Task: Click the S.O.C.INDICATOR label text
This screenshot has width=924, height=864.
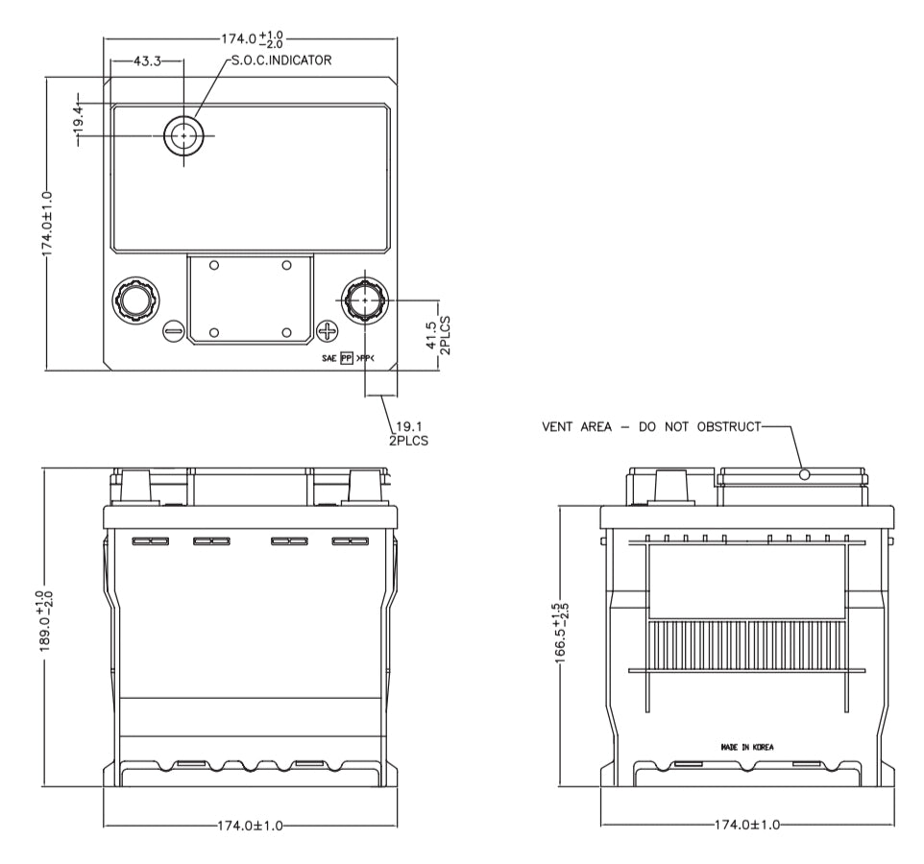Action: [x=281, y=60]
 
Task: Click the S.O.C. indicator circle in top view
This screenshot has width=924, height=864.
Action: [x=183, y=135]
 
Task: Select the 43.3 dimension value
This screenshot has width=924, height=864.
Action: [x=147, y=60]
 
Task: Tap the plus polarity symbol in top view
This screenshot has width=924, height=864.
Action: [x=328, y=331]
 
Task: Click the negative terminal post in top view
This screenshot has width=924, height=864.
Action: [x=134, y=300]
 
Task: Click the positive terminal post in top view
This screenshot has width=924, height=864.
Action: [x=365, y=300]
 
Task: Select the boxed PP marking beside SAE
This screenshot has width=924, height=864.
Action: [x=347, y=358]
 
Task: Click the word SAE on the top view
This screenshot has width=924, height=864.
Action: [x=328, y=358]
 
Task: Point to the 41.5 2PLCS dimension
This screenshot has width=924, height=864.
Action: [x=438, y=335]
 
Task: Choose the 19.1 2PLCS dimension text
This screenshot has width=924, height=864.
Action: [x=408, y=433]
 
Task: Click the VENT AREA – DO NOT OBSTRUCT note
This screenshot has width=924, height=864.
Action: [x=651, y=426]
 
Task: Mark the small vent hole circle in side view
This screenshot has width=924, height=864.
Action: [x=804, y=474]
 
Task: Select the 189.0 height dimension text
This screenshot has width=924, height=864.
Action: [x=46, y=621]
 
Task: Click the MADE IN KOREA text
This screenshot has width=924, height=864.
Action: [x=747, y=747]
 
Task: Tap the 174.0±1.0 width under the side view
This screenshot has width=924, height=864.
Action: [x=746, y=825]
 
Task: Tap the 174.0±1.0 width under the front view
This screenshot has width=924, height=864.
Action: [x=250, y=826]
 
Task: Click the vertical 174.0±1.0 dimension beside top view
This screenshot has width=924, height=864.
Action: [x=47, y=224]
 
